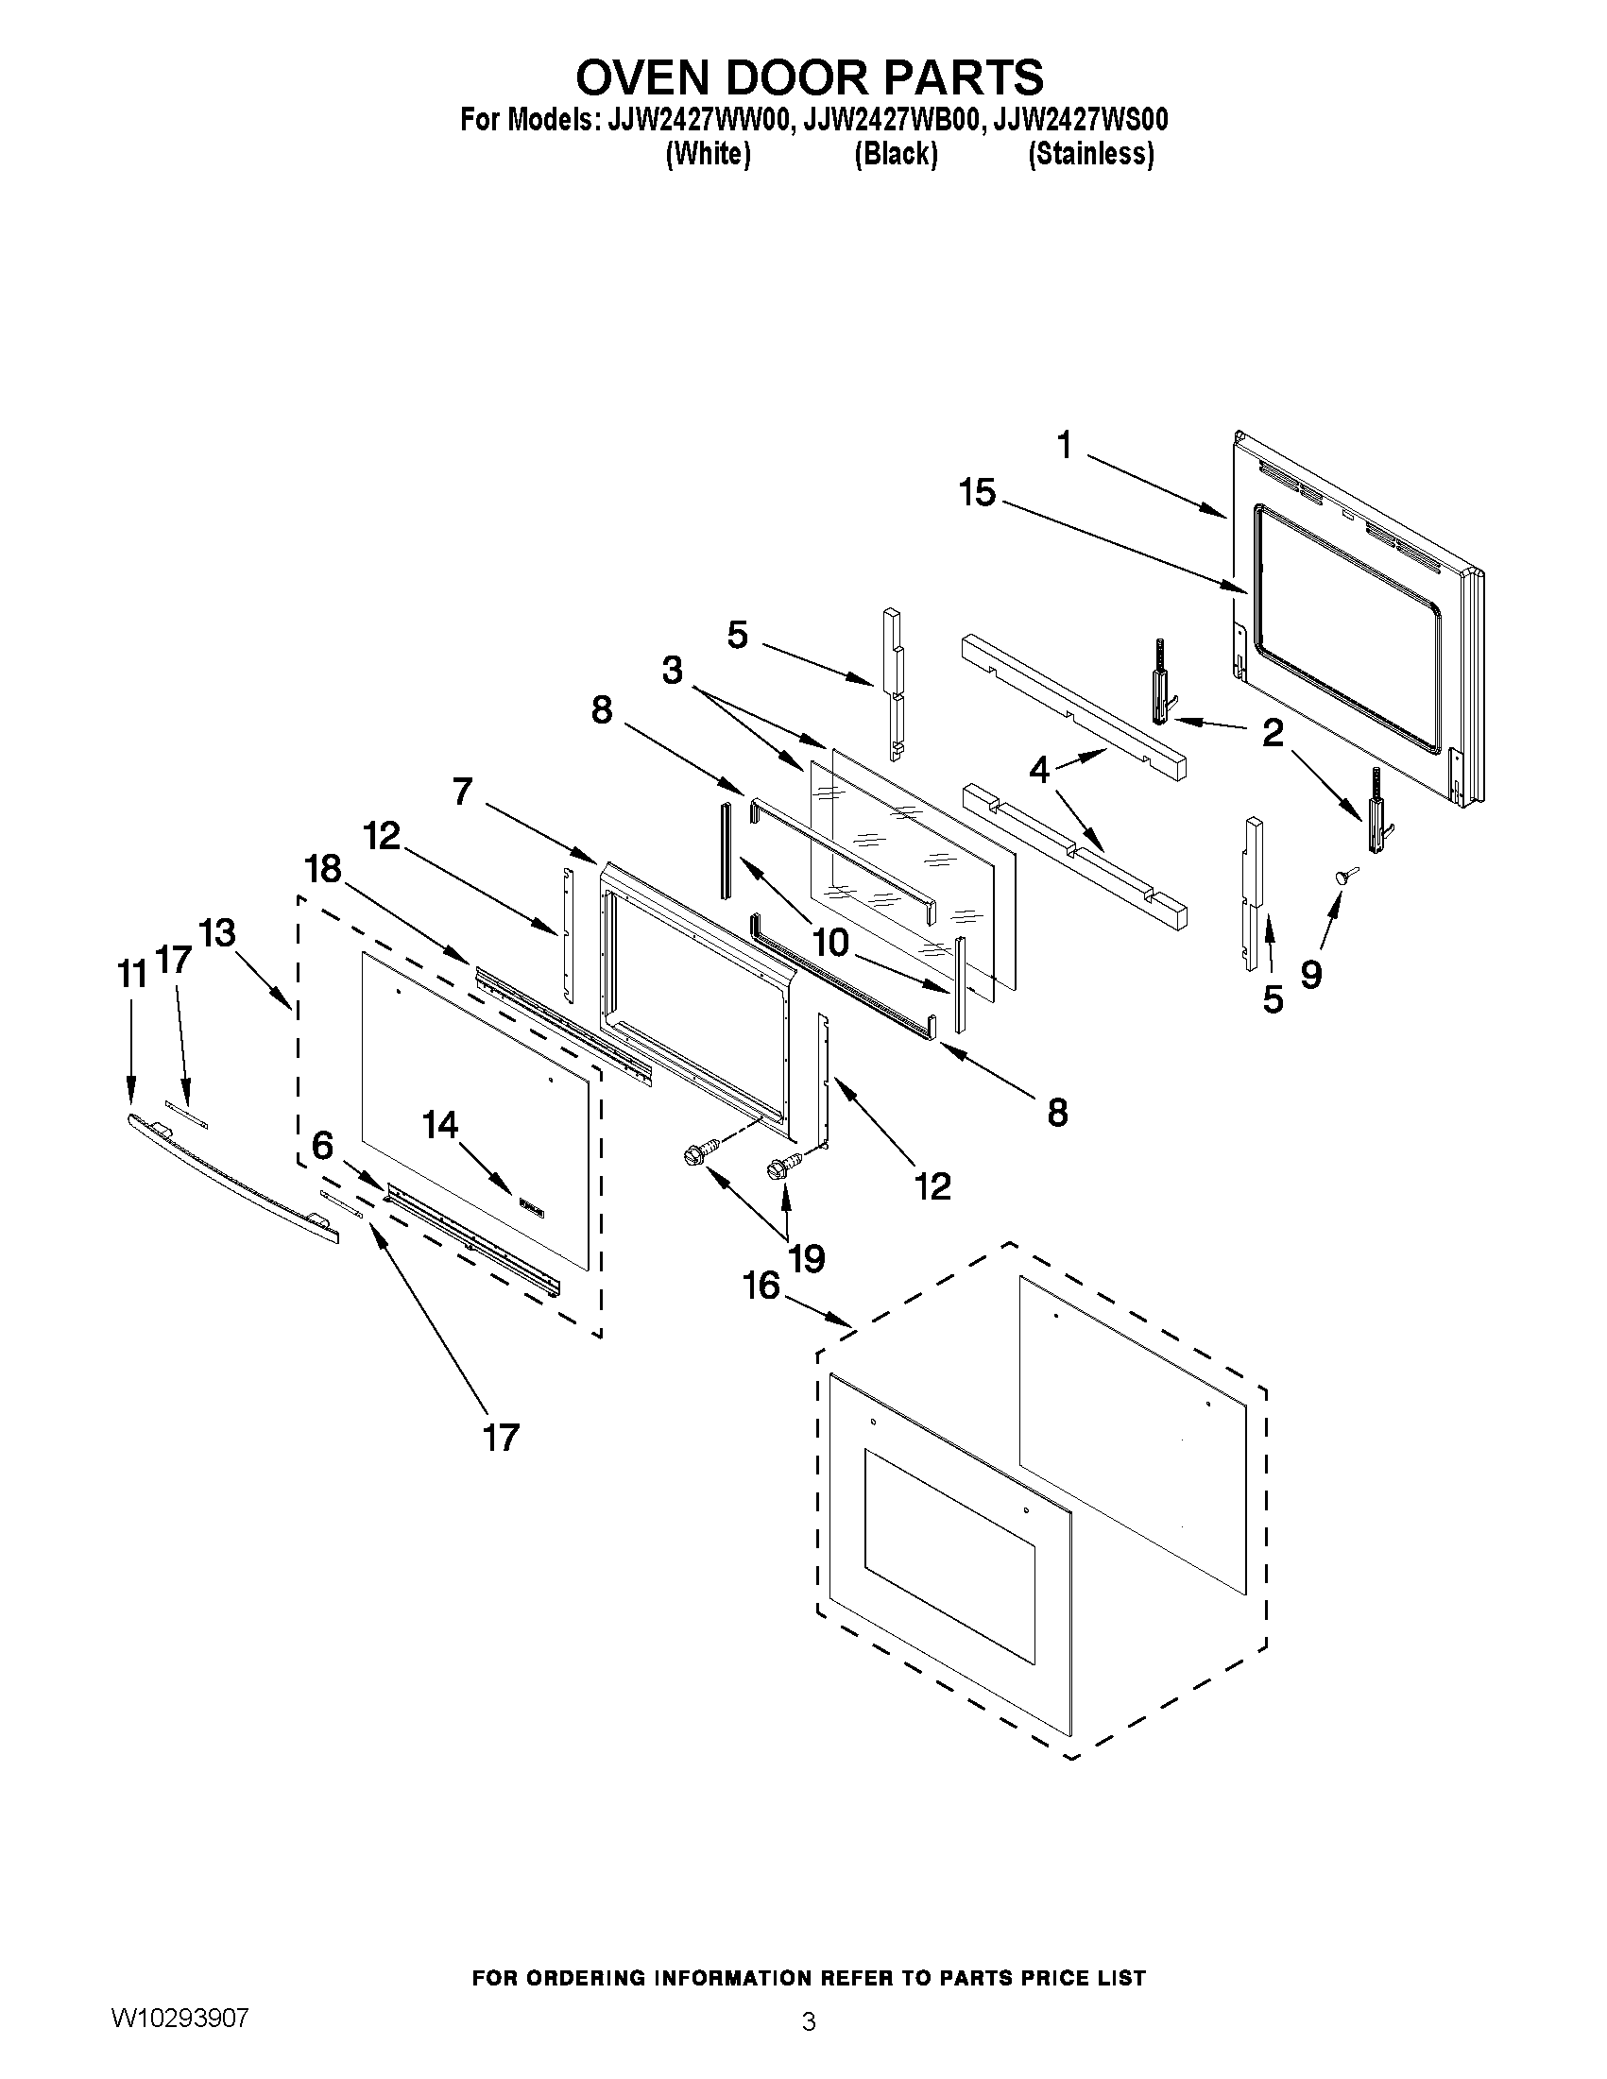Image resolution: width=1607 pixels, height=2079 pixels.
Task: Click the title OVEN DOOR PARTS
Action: click(810, 77)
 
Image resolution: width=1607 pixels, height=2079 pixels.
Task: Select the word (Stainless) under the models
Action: click(1090, 154)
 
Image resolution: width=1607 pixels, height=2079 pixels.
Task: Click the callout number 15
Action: click(977, 493)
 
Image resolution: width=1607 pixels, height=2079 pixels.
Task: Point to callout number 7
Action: click(463, 790)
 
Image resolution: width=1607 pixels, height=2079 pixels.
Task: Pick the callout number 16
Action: click(761, 1287)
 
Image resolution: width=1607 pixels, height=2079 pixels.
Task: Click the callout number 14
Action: click(441, 1125)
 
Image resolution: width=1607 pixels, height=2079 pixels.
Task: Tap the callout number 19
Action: click(807, 1258)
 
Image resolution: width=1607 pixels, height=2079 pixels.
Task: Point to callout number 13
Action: click(218, 933)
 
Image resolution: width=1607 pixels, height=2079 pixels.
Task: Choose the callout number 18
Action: click(323, 868)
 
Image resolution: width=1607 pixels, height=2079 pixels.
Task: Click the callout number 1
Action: click(1064, 445)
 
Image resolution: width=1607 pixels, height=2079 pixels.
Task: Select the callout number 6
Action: click(323, 1146)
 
